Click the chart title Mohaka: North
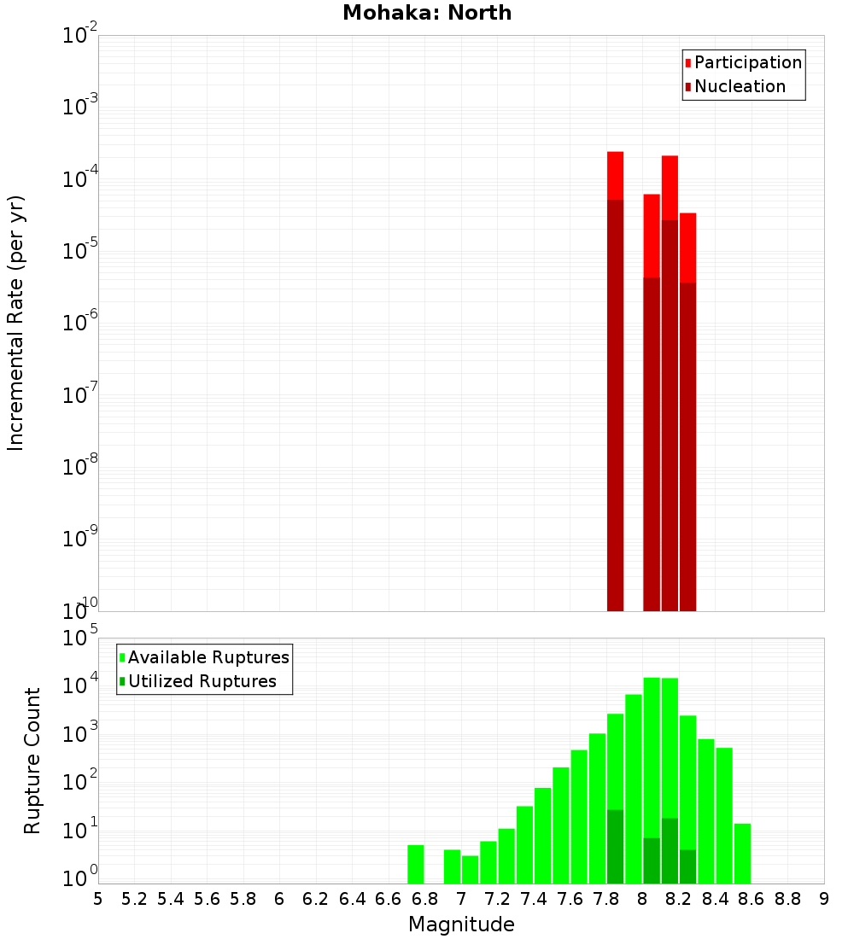coord(426,13)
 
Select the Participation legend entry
coord(747,62)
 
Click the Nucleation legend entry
coord(740,86)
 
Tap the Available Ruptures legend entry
coord(208,657)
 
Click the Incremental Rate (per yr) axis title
coord(16,323)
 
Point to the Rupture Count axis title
coord(32,761)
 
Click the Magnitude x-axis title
coord(461,924)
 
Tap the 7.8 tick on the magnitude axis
coord(606,898)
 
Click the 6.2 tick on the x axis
coord(316,898)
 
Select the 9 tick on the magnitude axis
coord(824,898)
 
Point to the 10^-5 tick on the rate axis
coord(77,251)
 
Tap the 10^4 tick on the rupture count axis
coord(79,685)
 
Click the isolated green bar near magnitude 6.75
coord(415,864)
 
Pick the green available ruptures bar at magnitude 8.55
coord(742,854)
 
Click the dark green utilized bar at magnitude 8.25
coord(687,866)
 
